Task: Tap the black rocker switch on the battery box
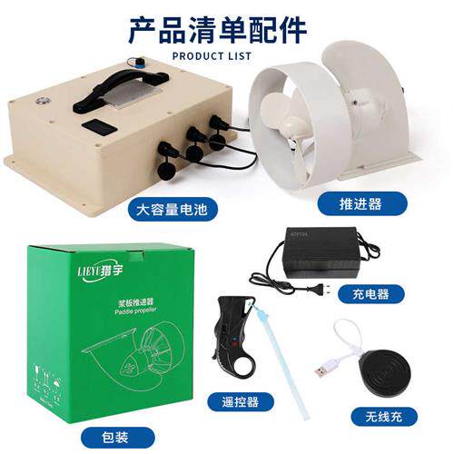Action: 103,128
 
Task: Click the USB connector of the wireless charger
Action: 321,371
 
